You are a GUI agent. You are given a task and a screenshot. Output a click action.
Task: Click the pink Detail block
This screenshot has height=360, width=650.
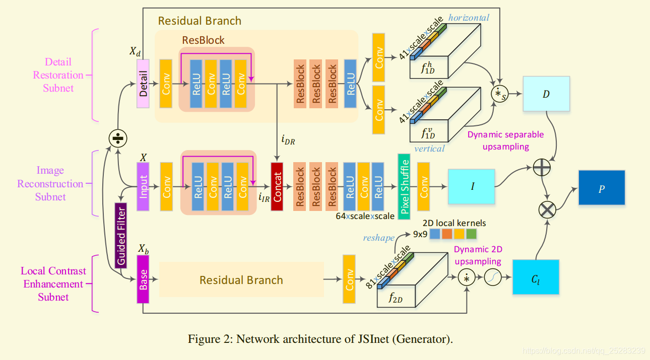144,84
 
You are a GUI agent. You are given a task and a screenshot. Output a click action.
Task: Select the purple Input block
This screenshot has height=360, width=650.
144,186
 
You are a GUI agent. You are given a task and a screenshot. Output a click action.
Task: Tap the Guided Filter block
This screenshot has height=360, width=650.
121,234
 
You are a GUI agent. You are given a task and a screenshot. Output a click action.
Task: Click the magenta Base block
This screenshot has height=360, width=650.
144,279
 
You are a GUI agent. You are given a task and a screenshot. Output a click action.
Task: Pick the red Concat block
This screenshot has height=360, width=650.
278,186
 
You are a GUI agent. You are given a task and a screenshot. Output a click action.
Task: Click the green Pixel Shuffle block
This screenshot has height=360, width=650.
405,186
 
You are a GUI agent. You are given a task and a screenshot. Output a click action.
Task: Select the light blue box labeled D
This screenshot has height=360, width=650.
546,94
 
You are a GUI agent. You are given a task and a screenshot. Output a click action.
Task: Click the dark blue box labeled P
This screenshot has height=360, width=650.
602,187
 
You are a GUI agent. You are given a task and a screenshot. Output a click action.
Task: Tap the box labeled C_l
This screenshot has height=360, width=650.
536,277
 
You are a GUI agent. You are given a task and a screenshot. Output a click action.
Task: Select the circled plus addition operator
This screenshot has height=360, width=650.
542,167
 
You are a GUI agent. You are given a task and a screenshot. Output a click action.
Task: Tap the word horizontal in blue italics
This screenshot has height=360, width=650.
469,18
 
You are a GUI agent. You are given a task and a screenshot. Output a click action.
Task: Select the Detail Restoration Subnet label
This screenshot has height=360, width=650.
58,75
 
